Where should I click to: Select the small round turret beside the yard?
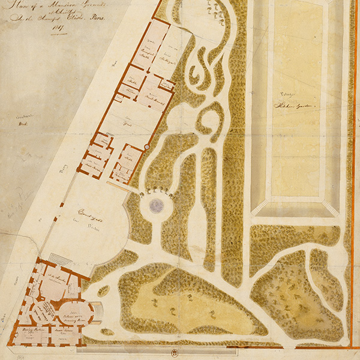click(146, 147)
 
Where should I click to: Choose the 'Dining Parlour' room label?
click(28, 332)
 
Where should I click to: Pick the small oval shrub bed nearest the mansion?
click(103, 291)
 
